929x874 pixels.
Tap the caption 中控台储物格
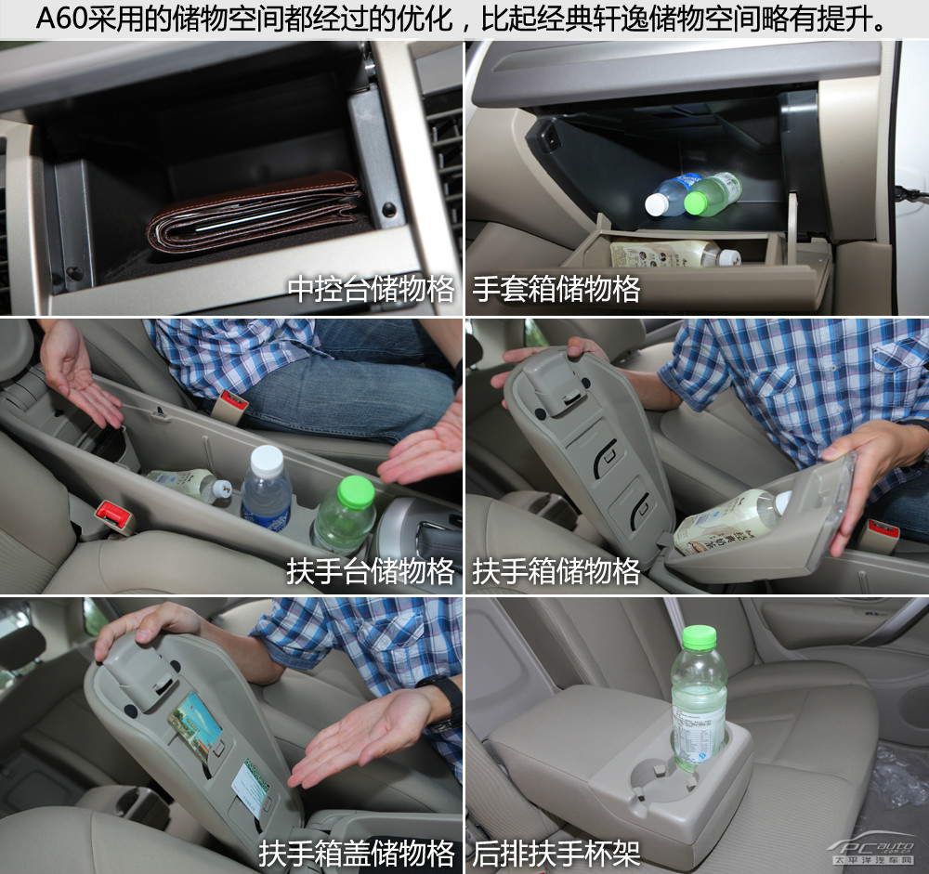tap(371, 289)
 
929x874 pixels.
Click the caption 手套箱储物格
tap(556, 289)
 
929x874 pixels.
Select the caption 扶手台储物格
tap(371, 571)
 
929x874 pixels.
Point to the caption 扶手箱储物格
tap(556, 571)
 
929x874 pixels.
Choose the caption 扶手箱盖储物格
tap(357, 854)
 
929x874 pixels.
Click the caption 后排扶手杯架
tap(556, 854)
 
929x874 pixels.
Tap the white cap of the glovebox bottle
tap(657, 204)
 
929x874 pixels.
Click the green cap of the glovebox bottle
tap(696, 202)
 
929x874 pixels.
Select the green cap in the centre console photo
tap(356, 492)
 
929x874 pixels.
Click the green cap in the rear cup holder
tap(700, 636)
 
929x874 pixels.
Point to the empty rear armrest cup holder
tap(655, 778)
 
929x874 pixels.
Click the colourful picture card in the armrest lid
tap(195, 720)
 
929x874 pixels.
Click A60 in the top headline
tap(62, 20)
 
